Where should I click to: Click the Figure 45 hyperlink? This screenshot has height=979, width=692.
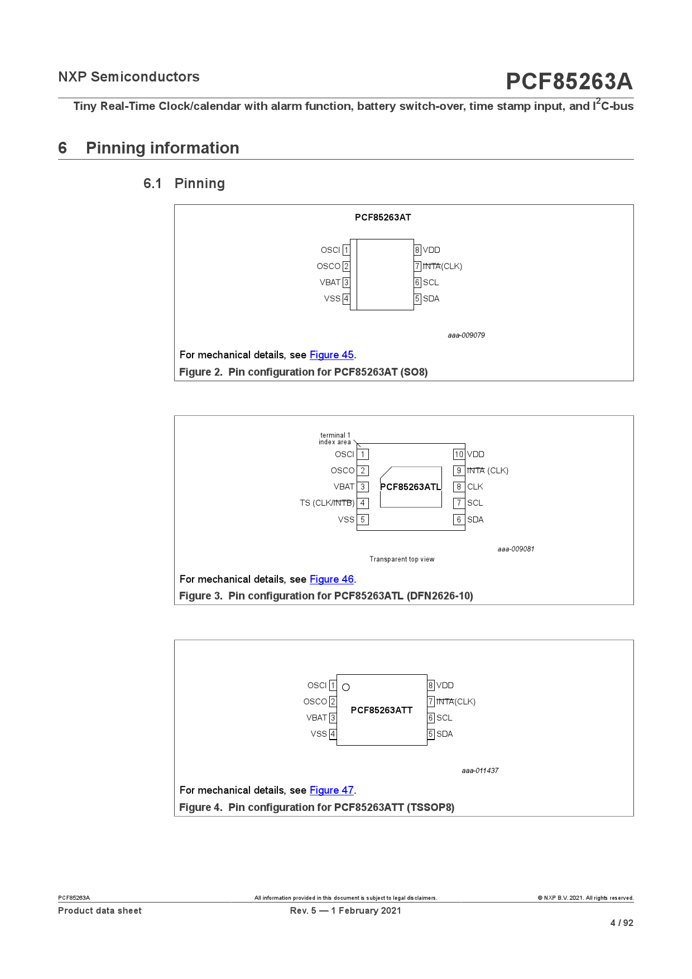tap(331, 355)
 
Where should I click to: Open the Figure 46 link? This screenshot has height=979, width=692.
tap(331, 579)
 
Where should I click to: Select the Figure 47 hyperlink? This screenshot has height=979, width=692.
tap(331, 790)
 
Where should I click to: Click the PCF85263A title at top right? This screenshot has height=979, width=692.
tap(569, 81)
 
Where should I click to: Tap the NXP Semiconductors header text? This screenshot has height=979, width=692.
tap(129, 77)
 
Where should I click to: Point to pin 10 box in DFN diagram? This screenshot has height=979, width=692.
tap(459, 454)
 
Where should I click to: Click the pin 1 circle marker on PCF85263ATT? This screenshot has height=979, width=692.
tap(346, 687)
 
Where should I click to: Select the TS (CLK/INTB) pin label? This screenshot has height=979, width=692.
tap(327, 503)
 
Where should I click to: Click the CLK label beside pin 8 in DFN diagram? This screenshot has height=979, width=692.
tap(475, 487)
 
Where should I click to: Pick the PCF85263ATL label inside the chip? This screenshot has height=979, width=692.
tap(410, 487)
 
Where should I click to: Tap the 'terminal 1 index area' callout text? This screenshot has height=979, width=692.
tap(335, 439)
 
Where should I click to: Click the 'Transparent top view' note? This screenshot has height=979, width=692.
tap(402, 559)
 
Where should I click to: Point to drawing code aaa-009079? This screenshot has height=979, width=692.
tap(466, 335)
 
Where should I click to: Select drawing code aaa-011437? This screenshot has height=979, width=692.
tap(480, 771)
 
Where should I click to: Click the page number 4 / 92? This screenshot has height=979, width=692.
tap(622, 923)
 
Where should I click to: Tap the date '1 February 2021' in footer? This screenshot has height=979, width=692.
tap(366, 910)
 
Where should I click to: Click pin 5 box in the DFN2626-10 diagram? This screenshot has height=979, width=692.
tap(363, 520)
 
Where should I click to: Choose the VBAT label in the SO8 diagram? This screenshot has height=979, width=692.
tap(330, 282)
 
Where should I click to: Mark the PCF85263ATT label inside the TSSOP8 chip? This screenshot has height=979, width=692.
tap(382, 710)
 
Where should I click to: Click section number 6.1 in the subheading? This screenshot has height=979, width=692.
tap(152, 184)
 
